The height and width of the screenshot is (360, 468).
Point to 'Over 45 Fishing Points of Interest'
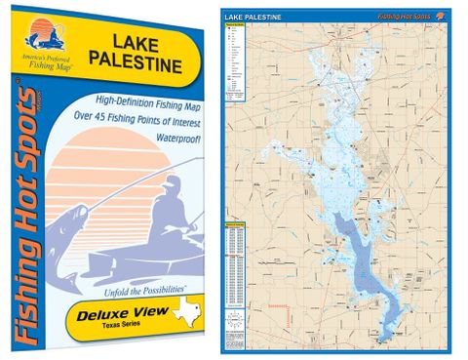coord(145,119)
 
